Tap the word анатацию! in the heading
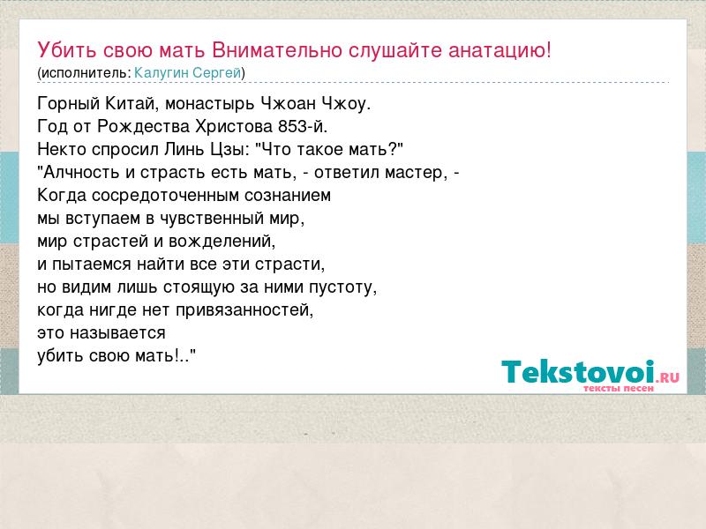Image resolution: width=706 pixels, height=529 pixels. tap(499, 51)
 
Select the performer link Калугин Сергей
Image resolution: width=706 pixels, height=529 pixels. tap(188, 73)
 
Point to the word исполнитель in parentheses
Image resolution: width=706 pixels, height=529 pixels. tap(84, 73)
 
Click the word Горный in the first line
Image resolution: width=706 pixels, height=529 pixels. tap(69, 104)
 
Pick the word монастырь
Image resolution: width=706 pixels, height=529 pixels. tap(210, 104)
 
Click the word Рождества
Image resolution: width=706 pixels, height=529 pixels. tap(144, 127)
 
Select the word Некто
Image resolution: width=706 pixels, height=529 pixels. tap(62, 149)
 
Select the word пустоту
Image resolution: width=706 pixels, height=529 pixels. tap(342, 287)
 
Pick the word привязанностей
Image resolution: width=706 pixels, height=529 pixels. tap(244, 310)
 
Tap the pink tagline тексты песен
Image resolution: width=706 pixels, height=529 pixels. tap(619, 388)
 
